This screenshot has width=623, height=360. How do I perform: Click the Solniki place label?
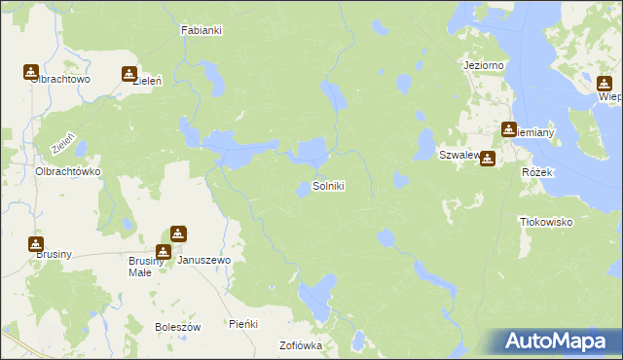tap(328, 185)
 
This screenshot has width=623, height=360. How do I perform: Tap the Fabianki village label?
tap(202, 30)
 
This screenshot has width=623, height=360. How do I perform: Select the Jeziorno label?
tap(482, 65)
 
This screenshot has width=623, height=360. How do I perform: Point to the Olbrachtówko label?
tap(68, 170)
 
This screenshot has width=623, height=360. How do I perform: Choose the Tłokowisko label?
tap(546, 222)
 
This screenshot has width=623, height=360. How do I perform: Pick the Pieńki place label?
tap(242, 323)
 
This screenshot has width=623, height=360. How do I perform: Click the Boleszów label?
tap(177, 327)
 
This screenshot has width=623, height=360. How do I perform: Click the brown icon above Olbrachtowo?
tap(31, 71)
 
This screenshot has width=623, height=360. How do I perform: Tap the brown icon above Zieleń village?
tap(128, 73)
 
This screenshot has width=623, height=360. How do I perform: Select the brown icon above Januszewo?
tap(178, 234)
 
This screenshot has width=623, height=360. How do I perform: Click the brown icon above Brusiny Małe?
tap(163, 251)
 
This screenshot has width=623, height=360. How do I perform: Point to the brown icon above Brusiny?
tap(36, 243)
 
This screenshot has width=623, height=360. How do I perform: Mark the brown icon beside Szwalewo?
tap(487, 159)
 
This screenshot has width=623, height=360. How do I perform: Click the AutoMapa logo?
tap(558, 341)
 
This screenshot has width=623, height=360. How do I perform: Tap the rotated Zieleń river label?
tap(63, 144)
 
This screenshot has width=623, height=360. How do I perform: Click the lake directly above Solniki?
tap(312, 151)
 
